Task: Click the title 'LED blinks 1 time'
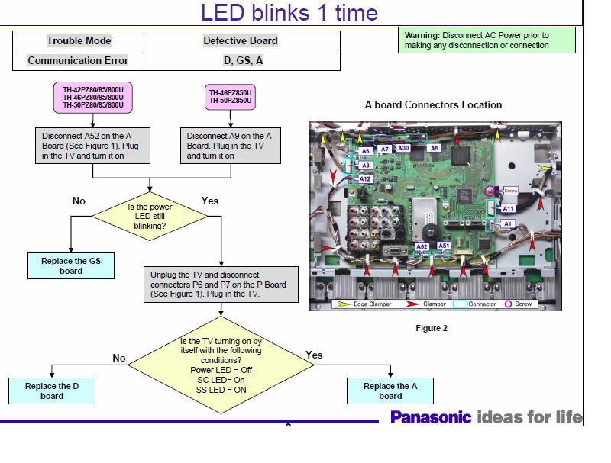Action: tap(289, 13)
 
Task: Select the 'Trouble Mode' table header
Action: tap(79, 40)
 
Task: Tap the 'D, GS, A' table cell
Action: tap(241, 60)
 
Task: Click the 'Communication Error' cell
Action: tap(79, 60)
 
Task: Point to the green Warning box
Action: tap(488, 40)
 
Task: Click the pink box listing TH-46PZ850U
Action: tap(231, 97)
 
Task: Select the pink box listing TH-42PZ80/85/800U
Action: tap(92, 97)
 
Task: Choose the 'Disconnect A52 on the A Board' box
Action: tap(92, 145)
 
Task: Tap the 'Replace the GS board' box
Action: tap(71, 265)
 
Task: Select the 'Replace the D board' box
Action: tap(52, 391)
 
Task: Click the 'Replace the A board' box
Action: tap(390, 391)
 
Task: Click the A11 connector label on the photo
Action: tap(509, 208)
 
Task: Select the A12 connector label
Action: tap(365, 178)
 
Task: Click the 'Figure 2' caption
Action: tap(432, 329)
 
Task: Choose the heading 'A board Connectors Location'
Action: tap(433, 104)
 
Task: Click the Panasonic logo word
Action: tap(431, 417)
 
